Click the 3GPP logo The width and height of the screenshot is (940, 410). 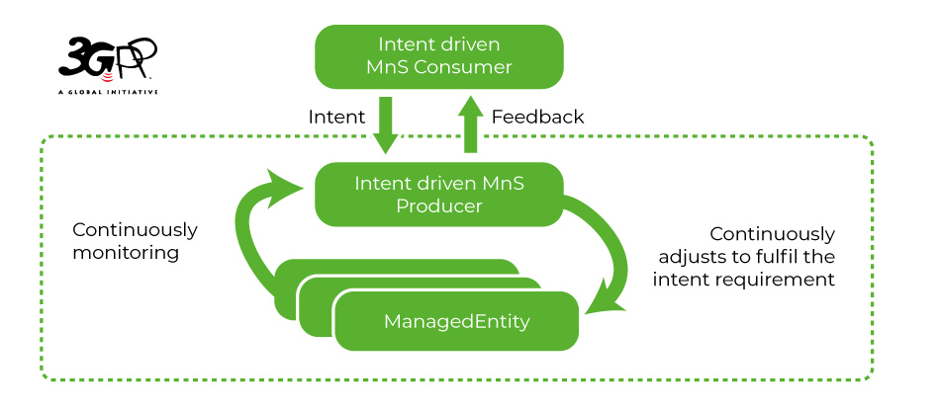pyautogui.click(x=108, y=59)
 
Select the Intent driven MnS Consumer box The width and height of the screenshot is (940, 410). pyautogui.click(x=439, y=56)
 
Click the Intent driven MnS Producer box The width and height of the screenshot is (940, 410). pyautogui.click(x=439, y=194)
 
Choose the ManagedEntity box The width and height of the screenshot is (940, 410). pyautogui.click(x=456, y=321)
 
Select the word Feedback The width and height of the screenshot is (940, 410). pyautogui.click(x=538, y=117)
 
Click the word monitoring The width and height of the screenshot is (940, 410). pyautogui.click(x=126, y=253)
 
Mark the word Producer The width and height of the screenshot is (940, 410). pyautogui.click(x=439, y=205)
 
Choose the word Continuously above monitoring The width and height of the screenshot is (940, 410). pyautogui.click(x=135, y=229)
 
